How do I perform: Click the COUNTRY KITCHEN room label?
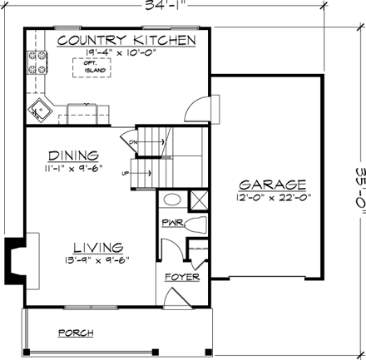(x=127, y=40)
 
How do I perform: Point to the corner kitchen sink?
(x=41, y=107)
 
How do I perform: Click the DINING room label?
(x=74, y=155)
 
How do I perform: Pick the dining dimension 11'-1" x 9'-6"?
(x=74, y=166)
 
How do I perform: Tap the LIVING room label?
(x=98, y=247)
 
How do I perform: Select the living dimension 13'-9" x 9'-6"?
(x=98, y=259)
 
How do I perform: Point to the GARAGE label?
(x=272, y=184)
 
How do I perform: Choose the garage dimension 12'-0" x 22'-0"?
(x=272, y=197)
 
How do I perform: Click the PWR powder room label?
(x=171, y=223)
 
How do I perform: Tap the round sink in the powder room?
(x=171, y=200)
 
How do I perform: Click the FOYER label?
(x=181, y=275)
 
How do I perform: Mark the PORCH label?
(x=76, y=333)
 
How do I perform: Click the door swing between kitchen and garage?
(x=195, y=111)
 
